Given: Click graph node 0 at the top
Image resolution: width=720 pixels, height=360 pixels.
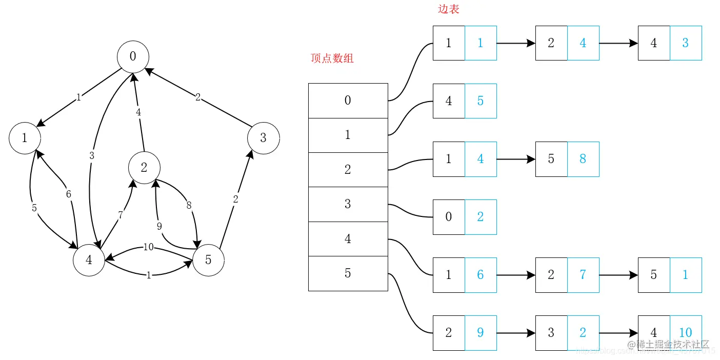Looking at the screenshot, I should (x=133, y=56).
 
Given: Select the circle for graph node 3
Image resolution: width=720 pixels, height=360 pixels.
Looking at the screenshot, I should (x=263, y=137).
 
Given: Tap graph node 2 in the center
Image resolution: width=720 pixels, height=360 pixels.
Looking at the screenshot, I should (x=144, y=167).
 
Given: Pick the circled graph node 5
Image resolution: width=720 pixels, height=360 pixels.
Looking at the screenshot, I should (x=208, y=260).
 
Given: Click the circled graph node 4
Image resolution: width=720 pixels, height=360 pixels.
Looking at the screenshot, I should (x=89, y=260).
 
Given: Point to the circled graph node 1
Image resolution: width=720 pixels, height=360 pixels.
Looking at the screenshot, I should (x=25, y=137).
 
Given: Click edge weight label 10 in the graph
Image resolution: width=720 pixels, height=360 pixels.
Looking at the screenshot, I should (x=149, y=247).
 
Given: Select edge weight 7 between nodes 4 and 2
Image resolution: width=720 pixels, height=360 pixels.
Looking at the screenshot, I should (x=121, y=215).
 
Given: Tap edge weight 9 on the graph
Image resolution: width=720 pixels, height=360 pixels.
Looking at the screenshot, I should (x=159, y=225).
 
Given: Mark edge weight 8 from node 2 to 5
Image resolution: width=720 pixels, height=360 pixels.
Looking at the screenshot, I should (x=189, y=205).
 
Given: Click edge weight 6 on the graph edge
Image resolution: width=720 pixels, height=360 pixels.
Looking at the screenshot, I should (x=68, y=194).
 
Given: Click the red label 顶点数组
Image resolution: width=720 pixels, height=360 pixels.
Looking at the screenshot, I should (x=332, y=58).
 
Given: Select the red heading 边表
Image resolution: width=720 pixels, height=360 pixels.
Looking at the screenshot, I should (x=448, y=9).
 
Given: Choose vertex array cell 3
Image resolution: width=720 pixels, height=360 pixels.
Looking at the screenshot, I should (x=348, y=204).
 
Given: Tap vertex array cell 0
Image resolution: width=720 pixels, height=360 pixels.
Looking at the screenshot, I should (x=348, y=101).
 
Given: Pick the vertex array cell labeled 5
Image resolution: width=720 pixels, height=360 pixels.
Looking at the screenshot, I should (x=348, y=273).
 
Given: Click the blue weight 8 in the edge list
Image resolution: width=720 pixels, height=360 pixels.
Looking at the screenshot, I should (x=583, y=159).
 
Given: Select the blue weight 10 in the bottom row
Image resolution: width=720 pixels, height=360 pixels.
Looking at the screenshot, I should (x=686, y=333).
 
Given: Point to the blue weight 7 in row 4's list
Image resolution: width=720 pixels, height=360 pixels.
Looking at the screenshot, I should (x=583, y=275).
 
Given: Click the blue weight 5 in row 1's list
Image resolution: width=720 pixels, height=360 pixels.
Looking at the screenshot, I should (x=481, y=101).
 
